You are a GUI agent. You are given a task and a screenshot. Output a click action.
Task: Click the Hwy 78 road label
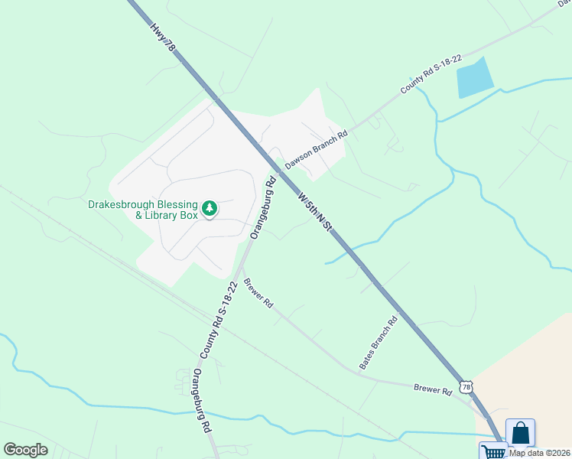pyautogui.click(x=164, y=36)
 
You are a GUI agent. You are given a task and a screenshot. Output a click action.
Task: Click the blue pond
pyautogui.click(x=472, y=77)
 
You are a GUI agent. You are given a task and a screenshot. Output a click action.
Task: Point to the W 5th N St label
pyautogui.click(x=315, y=214)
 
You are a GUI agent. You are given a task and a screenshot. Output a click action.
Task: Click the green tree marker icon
pyautogui.click(x=209, y=208)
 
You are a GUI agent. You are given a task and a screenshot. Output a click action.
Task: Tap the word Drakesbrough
pyautogui.click(x=124, y=204)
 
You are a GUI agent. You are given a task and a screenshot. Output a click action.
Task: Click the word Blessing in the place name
pyautogui.click(x=176, y=204)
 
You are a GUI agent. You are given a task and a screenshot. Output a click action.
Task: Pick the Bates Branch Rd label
pyautogui.click(x=379, y=341)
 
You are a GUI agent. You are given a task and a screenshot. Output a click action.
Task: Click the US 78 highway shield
pyautogui.click(x=466, y=386)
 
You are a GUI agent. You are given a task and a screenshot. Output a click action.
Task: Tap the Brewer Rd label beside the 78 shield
pyautogui.click(x=433, y=390)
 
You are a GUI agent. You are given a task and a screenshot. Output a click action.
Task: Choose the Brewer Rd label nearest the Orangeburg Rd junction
pyautogui.click(x=258, y=293)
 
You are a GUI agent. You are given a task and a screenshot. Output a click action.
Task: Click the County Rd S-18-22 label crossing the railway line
pyautogui.click(x=215, y=319)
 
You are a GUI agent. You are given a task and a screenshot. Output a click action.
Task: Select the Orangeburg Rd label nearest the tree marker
pyautogui.click(x=263, y=211)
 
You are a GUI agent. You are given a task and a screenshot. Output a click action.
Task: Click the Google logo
pyautogui.click(x=25, y=450)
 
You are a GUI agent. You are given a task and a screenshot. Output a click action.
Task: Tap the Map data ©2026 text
pyautogui.click(x=539, y=453)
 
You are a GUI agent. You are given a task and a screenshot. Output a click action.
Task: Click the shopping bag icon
pyautogui.click(x=520, y=433)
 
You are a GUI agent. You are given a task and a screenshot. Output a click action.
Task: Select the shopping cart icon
pyautogui.click(x=492, y=451)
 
